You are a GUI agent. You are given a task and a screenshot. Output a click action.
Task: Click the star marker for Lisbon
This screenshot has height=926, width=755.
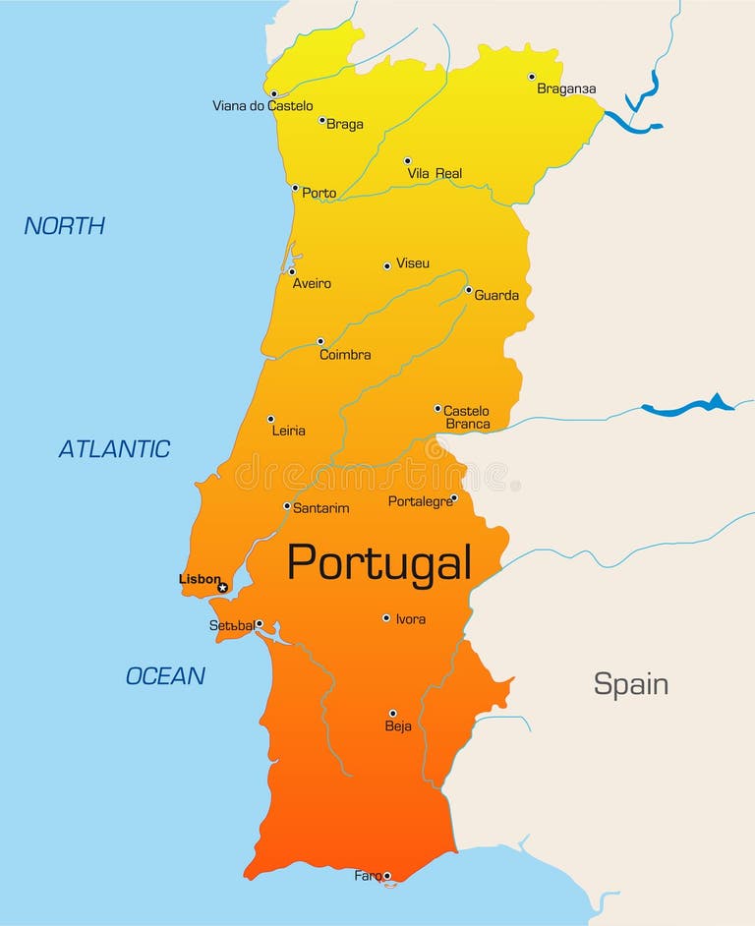(x=222, y=588)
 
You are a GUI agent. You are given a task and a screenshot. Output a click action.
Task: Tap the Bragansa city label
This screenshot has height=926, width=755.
(x=566, y=88)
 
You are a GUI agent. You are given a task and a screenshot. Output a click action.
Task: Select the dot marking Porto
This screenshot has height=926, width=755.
(x=295, y=188)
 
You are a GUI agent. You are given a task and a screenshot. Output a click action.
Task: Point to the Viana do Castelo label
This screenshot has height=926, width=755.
(x=262, y=106)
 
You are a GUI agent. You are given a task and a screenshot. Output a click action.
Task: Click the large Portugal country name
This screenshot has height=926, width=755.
(x=378, y=563)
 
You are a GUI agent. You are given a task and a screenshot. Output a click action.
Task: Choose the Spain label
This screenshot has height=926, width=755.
(x=630, y=684)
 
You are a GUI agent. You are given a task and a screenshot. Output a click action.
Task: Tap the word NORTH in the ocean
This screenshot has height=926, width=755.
(x=65, y=225)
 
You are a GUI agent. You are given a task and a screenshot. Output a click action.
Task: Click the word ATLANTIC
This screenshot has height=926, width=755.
(x=114, y=449)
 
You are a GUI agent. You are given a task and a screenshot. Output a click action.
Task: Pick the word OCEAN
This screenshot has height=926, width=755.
(x=165, y=676)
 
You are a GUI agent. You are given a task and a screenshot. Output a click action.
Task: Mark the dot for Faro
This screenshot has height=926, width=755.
(x=386, y=876)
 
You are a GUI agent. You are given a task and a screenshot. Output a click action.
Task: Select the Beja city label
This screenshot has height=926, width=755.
(x=398, y=727)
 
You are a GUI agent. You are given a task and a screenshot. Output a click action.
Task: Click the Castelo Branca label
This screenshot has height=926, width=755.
(x=467, y=418)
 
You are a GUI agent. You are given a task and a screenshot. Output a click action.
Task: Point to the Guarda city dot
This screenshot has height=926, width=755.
(x=468, y=290)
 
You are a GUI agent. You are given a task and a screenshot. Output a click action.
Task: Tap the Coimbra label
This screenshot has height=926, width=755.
(x=345, y=355)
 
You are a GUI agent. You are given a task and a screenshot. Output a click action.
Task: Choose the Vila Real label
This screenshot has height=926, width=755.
(x=435, y=174)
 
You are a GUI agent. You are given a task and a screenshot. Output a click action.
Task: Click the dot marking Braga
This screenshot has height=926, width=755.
(x=321, y=120)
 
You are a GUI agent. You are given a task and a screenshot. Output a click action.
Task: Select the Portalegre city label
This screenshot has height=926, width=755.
(x=420, y=501)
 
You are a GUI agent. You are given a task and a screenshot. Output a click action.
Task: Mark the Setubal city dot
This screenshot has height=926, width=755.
(x=259, y=623)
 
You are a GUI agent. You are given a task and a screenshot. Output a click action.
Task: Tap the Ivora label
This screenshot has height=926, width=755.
(x=411, y=619)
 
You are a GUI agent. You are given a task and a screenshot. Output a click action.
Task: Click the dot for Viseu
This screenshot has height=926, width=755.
(x=387, y=265)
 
